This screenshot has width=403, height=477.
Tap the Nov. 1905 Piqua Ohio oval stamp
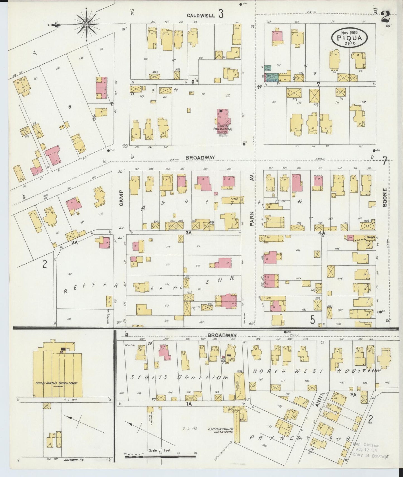coord(349,37)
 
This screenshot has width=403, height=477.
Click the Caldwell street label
coord(201,16)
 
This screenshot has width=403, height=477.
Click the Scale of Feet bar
coord(161,457)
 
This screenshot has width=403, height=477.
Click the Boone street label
coord(385,197)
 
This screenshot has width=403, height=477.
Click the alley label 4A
coord(322,233)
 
